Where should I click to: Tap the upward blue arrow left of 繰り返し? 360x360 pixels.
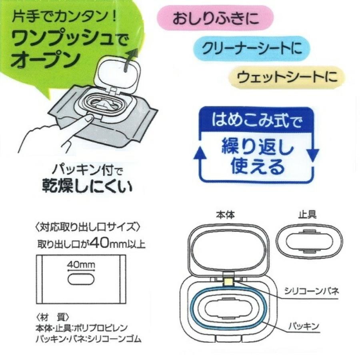coord(199,154)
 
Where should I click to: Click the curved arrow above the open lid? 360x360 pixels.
coord(130,60)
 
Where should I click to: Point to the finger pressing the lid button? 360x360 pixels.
coord(90,118)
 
